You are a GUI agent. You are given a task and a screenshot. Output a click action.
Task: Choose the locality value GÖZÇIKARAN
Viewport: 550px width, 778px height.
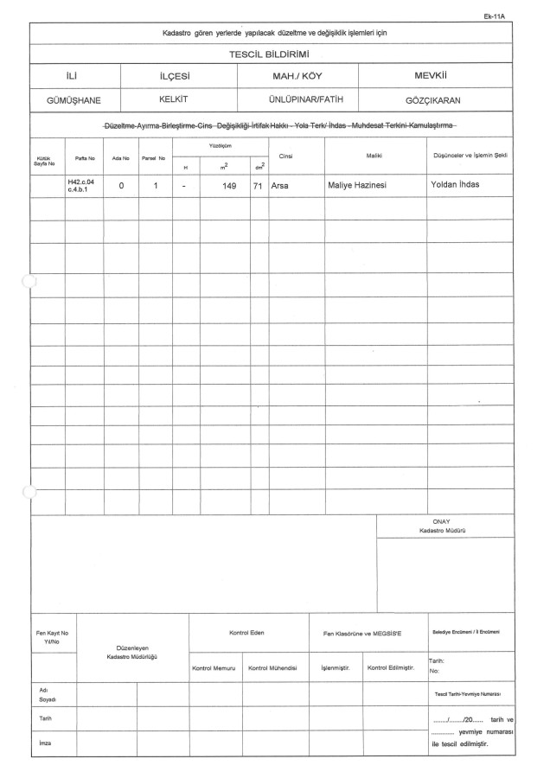pyautogui.click(x=432, y=99)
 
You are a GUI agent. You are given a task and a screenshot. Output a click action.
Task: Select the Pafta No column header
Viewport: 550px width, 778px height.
pyautogui.click(x=84, y=157)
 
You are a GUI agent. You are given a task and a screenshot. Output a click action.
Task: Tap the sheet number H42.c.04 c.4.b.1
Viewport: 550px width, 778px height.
pyautogui.click(x=81, y=186)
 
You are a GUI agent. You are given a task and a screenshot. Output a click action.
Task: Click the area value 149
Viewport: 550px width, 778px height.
pyautogui.click(x=229, y=185)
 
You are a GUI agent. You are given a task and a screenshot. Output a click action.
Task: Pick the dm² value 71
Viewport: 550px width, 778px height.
pyautogui.click(x=258, y=185)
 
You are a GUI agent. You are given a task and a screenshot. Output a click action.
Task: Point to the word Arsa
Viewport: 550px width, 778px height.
pyautogui.click(x=279, y=185)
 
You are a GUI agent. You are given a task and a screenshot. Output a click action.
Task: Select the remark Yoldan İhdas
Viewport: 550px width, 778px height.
pyautogui.click(x=456, y=184)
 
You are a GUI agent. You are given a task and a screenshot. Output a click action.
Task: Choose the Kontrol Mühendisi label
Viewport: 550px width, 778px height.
pyautogui.click(x=273, y=667)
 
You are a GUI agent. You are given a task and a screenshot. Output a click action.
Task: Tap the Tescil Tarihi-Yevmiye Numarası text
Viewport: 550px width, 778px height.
pyautogui.click(x=467, y=693)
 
